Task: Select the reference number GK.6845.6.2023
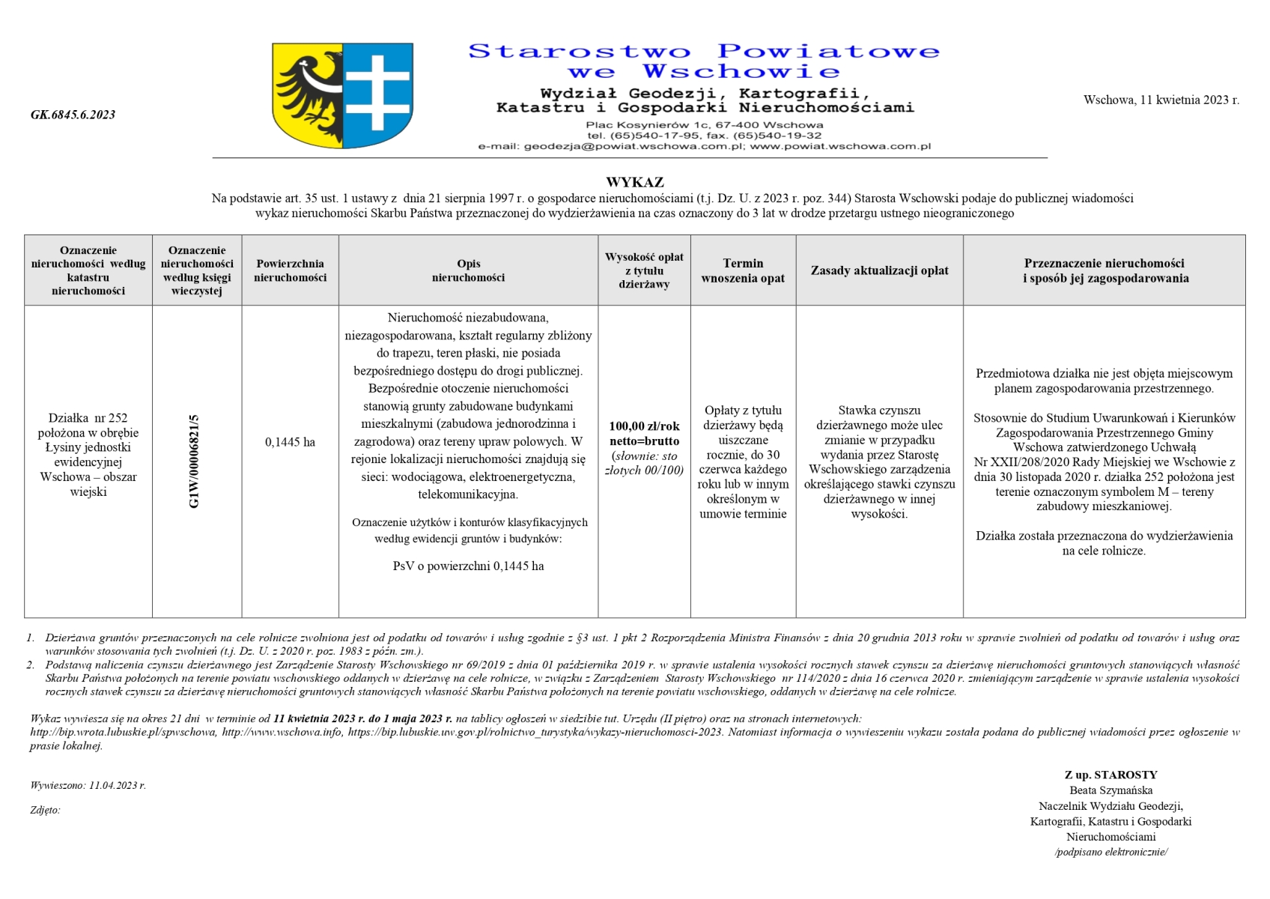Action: (x=73, y=115)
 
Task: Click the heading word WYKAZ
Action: (x=634, y=182)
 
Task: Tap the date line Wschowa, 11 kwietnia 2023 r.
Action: (x=1161, y=100)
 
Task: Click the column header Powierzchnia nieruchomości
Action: (x=290, y=270)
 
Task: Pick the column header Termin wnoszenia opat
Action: (x=743, y=270)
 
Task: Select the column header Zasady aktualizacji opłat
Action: (x=879, y=270)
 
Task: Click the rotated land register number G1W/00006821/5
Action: (x=195, y=461)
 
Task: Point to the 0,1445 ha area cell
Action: (x=290, y=442)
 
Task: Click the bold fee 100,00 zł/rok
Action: (x=644, y=426)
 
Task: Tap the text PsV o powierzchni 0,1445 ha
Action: (x=468, y=566)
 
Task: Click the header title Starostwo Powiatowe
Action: (x=703, y=52)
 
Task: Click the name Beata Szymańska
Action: (x=1111, y=790)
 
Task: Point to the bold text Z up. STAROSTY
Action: (x=1111, y=775)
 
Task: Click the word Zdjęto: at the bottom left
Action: (x=45, y=810)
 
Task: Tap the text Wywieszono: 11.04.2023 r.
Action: (x=88, y=785)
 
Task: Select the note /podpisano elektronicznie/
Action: (x=1111, y=852)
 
